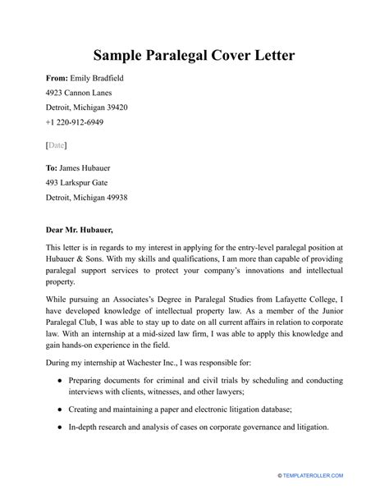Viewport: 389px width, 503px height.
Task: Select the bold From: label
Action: pos(60,79)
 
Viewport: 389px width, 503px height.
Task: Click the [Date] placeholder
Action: pos(57,144)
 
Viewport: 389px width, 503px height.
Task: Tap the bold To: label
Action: pos(55,167)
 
